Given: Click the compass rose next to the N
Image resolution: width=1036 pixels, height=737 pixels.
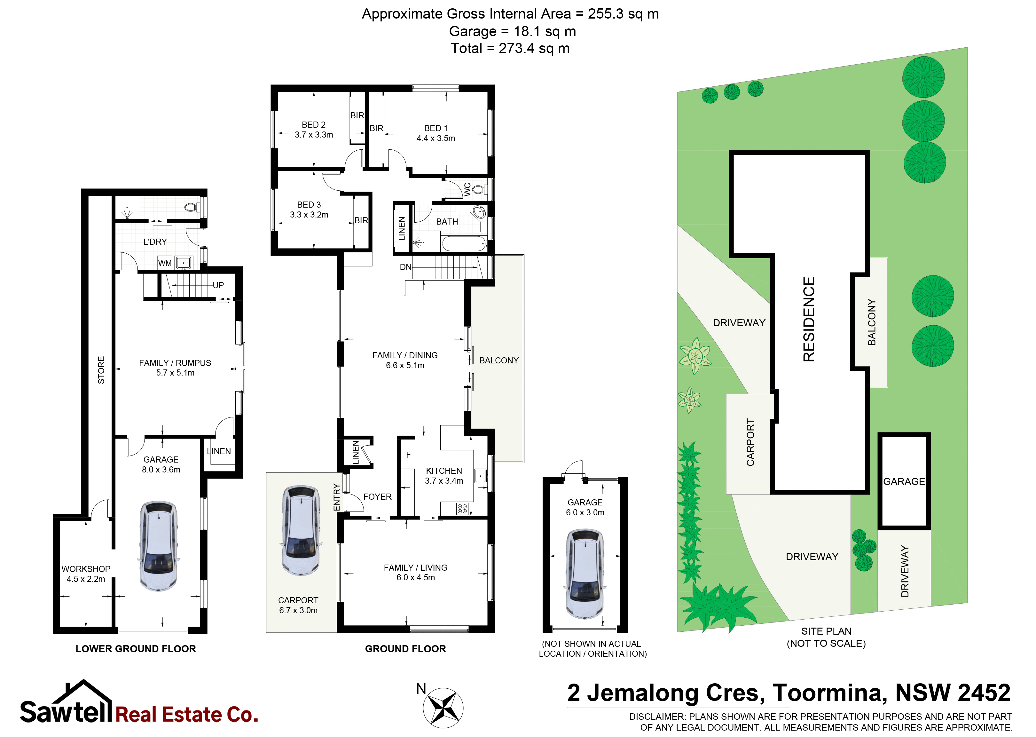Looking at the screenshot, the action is pos(443,707).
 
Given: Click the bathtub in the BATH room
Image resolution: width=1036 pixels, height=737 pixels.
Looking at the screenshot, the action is pos(464,243).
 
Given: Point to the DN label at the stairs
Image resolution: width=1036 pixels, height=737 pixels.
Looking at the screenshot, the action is pos(405,267).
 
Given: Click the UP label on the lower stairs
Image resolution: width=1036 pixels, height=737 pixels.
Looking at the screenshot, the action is pos(218,285).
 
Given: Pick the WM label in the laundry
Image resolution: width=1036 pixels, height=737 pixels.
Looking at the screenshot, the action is pos(165,263).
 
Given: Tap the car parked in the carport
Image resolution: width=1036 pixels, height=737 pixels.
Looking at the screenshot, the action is pos(301,530).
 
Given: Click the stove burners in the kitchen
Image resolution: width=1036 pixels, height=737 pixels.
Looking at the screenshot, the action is pos(462,509).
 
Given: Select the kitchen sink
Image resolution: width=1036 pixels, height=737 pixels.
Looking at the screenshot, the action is pos(480,476).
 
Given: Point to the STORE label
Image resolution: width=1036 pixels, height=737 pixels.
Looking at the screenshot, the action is pos(101,370).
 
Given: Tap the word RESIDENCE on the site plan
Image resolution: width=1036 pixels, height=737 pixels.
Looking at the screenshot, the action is pos(809,319).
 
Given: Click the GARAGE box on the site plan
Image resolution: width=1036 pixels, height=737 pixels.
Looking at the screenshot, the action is pos(904,481).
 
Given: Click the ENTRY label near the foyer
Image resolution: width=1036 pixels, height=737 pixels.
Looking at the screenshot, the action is pos(337,497).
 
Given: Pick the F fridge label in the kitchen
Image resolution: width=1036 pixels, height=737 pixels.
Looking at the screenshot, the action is pos(408,454).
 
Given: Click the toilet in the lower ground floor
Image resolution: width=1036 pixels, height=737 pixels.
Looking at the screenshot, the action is pos(192,207).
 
